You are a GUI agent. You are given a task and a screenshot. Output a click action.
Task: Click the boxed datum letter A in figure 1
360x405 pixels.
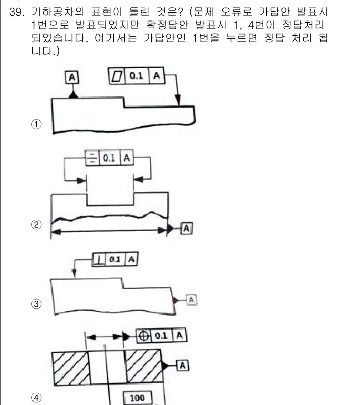tap(72, 78)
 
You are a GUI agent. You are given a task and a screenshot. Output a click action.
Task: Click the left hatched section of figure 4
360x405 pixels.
tap(71, 367)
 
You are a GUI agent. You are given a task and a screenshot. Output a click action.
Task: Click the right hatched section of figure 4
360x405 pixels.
tap(143, 367)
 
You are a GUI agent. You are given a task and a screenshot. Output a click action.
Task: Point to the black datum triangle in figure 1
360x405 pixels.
tap(72, 95)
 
